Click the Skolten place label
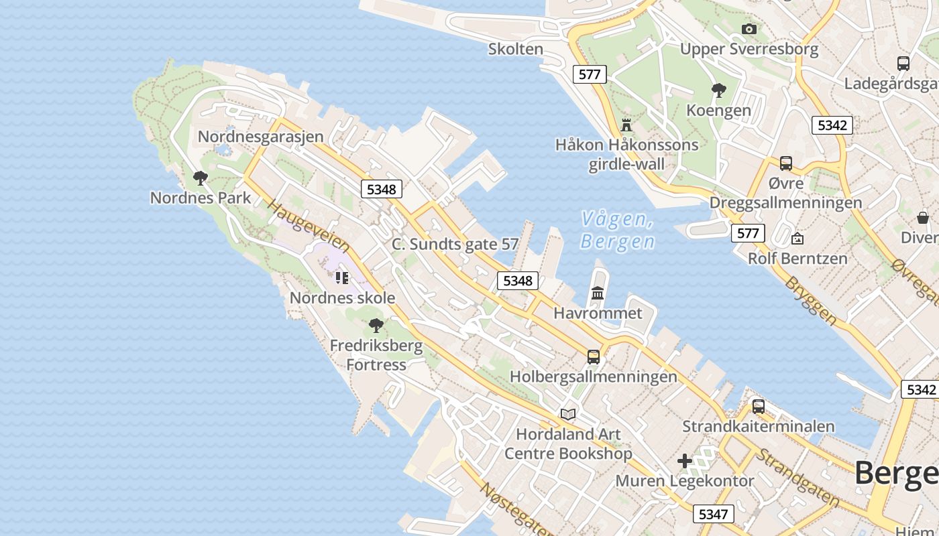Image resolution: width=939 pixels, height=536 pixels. tap(515, 49)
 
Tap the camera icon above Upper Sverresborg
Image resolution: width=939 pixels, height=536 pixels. tap(749, 29)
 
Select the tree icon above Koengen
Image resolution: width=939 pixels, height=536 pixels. tap(719, 90)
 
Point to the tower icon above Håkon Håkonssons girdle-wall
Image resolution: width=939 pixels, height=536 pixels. tap(626, 125)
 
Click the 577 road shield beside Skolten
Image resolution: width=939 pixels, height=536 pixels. tap(590, 74)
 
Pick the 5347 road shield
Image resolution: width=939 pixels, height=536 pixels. tap(712, 514)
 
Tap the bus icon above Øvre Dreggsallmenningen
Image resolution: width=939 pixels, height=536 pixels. tap(785, 163)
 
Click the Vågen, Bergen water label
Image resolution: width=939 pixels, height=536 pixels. tap(617, 230)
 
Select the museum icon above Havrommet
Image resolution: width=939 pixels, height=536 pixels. tap(598, 293)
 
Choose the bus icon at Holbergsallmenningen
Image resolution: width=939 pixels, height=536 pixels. tap(594, 356)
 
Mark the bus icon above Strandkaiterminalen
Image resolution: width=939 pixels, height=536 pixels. tap(758, 406)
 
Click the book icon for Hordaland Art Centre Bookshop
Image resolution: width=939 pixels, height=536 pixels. tap(568, 414)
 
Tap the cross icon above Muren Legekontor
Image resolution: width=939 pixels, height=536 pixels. tap(684, 461)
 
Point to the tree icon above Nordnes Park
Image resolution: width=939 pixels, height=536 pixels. tap(200, 178)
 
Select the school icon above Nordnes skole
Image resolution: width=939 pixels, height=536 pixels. tap(342, 277)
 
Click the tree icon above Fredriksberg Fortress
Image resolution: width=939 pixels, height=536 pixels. tap(376, 326)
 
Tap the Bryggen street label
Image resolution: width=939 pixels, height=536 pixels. tap(811, 301)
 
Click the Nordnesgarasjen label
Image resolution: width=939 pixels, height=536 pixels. tap(260, 137)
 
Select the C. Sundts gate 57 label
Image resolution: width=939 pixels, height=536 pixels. tap(455, 244)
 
